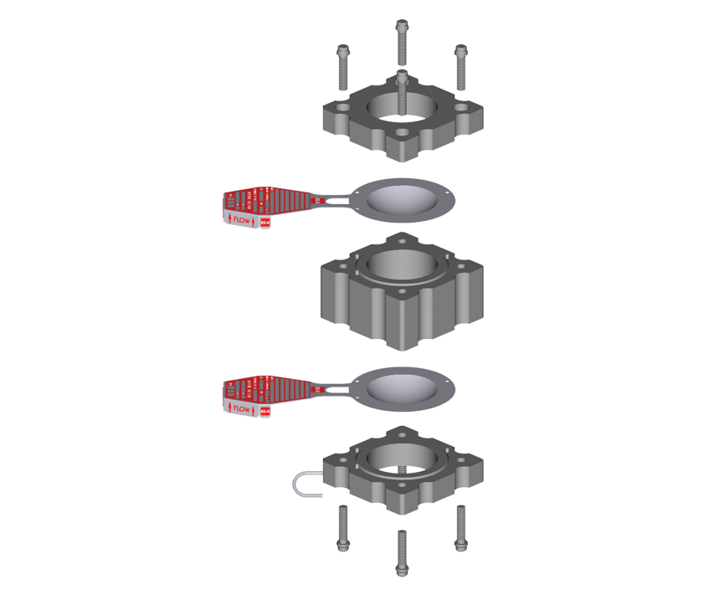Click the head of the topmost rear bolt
402,24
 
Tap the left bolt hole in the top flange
343,108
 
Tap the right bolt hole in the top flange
461,108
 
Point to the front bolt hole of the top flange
402,133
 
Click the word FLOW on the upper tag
242,221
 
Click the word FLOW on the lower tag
242,408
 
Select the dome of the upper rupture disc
402,197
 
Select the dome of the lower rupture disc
402,387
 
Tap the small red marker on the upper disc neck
317,201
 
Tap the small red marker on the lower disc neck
317,389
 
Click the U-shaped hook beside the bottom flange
302,484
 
